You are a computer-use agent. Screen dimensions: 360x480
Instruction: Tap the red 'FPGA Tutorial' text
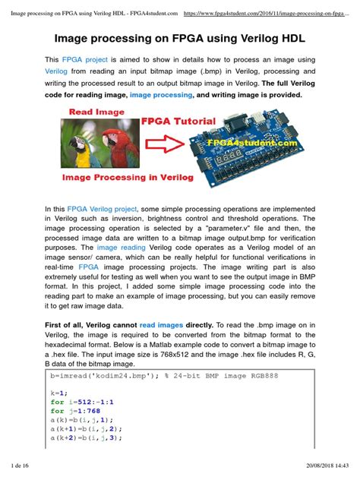click(x=179, y=121)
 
